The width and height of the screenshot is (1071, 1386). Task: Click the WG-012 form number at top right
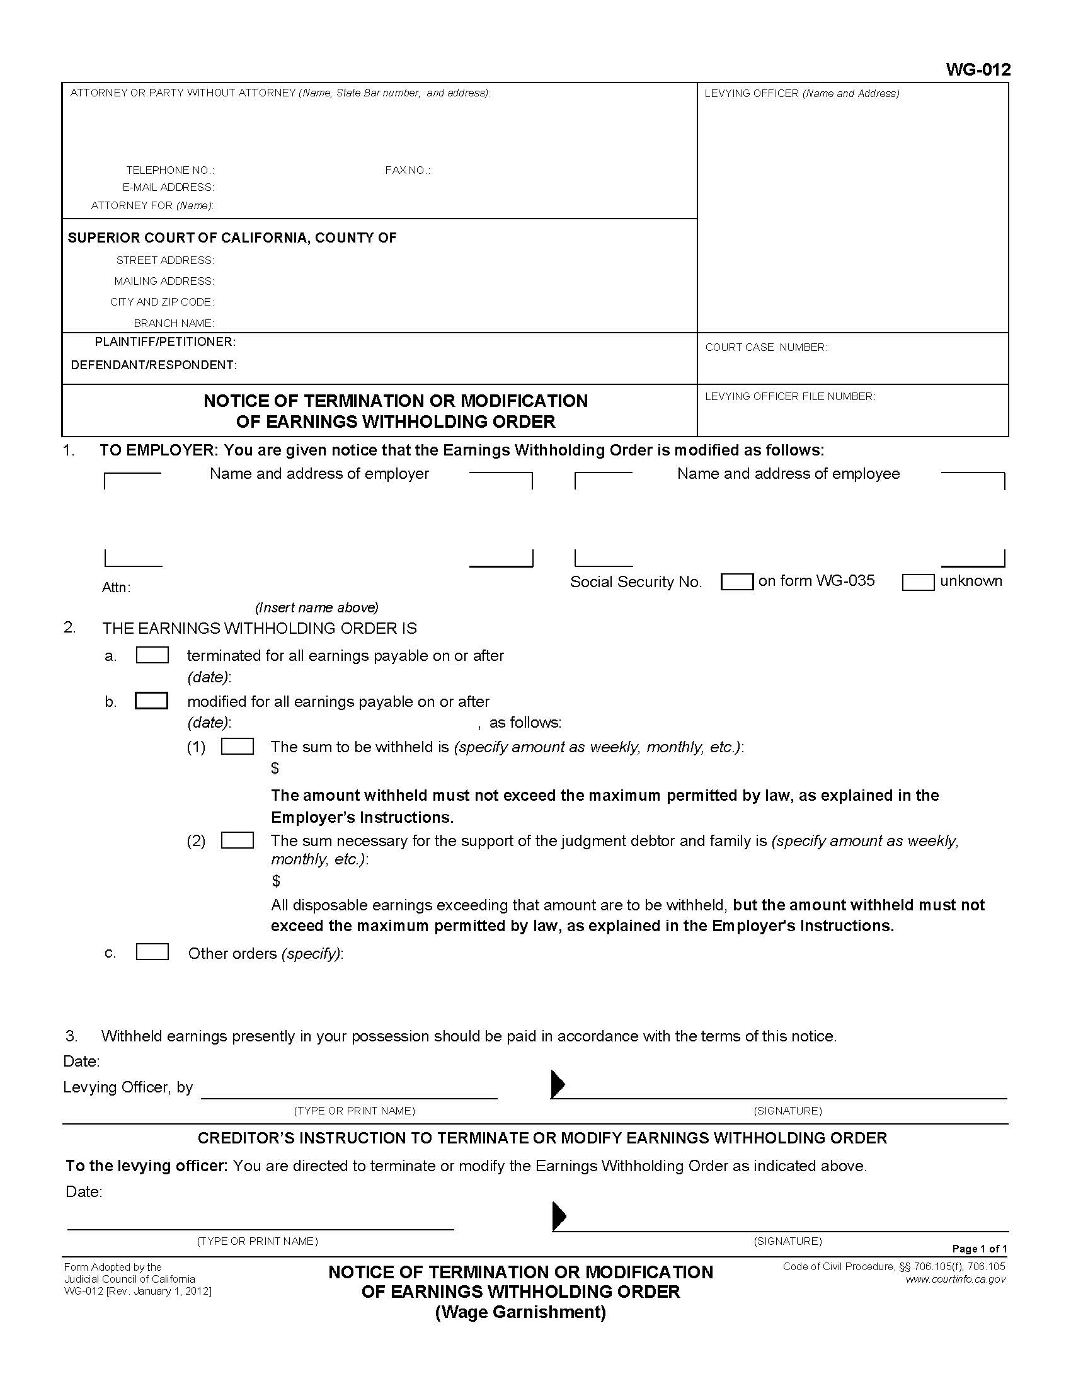[978, 71]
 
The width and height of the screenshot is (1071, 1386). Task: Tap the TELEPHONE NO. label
[170, 170]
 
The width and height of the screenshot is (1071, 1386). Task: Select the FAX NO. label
[408, 170]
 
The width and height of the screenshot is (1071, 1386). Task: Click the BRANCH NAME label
[174, 323]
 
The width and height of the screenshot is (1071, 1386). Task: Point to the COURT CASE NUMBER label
[767, 347]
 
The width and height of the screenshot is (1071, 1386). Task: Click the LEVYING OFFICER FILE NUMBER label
[790, 396]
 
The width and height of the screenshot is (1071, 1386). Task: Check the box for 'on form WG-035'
[736, 581]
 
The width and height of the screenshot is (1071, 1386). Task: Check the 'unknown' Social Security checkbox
[918, 581]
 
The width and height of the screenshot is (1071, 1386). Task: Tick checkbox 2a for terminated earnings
[152, 655]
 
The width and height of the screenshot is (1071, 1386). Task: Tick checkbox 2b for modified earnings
[152, 701]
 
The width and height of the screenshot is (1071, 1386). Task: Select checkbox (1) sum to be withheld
[238, 747]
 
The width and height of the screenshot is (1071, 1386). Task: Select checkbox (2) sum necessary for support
[238, 840]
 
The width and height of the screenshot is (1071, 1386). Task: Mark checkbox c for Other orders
[152, 952]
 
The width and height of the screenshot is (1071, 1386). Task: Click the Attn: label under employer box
[116, 588]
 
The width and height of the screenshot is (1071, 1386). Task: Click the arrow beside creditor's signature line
[559, 1215]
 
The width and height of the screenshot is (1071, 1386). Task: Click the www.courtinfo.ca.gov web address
[956, 1279]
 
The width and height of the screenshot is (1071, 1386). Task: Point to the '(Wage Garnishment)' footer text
[520, 1312]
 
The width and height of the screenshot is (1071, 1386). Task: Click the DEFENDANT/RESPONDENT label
[154, 365]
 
